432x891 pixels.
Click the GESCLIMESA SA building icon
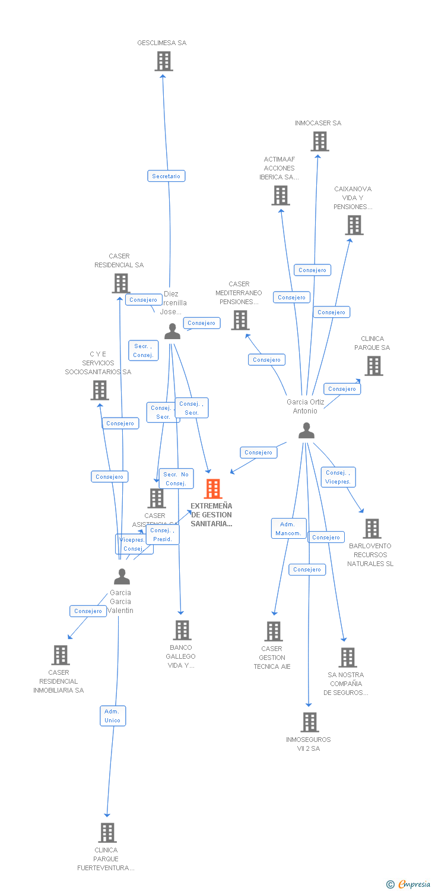coord(163,61)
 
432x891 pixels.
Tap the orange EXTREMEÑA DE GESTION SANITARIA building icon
coord(212,489)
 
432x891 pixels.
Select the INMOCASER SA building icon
coord(320,141)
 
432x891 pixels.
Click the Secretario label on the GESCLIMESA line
coord(166,176)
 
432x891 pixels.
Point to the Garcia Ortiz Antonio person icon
coord(306,431)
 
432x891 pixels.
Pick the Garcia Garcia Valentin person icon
coord(122,577)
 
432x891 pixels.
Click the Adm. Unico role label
coord(112,716)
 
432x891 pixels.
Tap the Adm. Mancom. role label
coord(288,529)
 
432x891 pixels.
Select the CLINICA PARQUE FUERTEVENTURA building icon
coord(107,833)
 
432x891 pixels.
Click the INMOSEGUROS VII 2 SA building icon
coord(309,722)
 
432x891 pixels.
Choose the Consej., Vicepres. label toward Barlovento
coord(338,477)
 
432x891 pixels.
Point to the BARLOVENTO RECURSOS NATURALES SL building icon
coord(372,529)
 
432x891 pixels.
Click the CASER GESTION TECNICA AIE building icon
coord(274,631)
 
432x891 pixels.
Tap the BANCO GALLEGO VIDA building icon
coord(182,630)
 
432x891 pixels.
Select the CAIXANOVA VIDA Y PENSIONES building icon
coord(354,225)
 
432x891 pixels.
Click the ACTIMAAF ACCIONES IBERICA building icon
coord(281,195)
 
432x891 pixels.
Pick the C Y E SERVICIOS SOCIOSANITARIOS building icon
coord(100,390)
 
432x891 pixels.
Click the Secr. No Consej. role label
coord(176,479)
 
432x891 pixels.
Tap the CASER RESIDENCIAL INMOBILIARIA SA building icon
coord(60,655)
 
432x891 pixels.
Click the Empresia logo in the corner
coord(408,884)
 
